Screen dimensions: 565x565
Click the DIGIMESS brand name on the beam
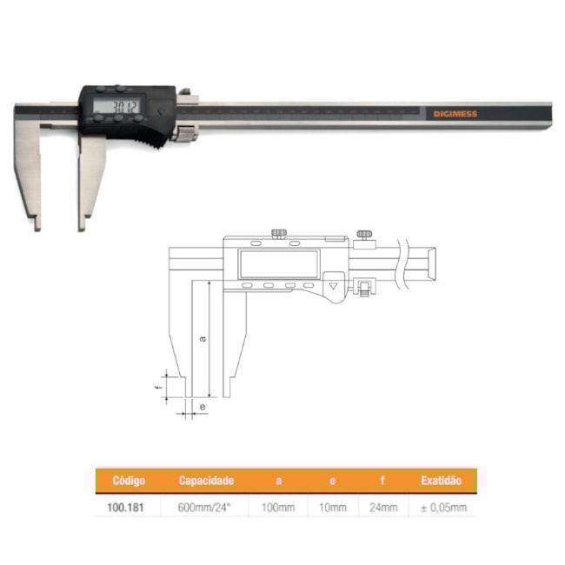pos(455,114)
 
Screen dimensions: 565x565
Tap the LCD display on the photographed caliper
pos(116,107)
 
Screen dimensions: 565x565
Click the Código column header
pos(129,481)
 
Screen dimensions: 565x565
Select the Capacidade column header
pos(206,481)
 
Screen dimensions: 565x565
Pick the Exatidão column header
pos(441,481)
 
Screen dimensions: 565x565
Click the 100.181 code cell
pos(125,508)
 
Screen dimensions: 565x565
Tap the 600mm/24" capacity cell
pos(204,508)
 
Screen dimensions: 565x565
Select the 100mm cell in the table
pos(278,508)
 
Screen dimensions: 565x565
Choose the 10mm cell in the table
pos(333,508)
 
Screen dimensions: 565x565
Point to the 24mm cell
pos(383,508)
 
